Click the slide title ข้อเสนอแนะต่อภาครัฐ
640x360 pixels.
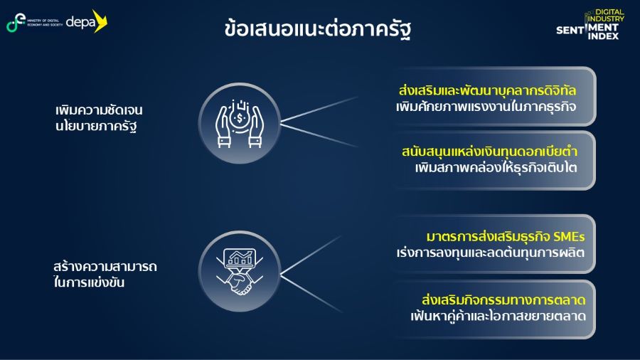pyautogui.click(x=318, y=29)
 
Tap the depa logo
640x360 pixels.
pyautogui.click(x=87, y=21)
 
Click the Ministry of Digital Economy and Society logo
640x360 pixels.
pyautogui.click(x=34, y=23)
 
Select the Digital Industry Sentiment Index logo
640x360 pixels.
pyautogui.click(x=590, y=24)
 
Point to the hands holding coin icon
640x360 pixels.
pyautogui.click(x=240, y=124)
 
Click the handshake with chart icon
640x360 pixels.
pyautogui.click(x=240, y=272)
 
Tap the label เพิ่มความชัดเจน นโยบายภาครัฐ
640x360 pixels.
pyautogui.click(x=99, y=118)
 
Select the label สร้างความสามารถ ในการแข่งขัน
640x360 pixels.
pyautogui.click(x=105, y=275)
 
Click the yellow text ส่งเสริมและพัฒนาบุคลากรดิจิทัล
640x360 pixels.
pyautogui.click(x=487, y=90)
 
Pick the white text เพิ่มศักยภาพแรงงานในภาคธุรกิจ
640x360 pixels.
pyautogui.click(x=486, y=107)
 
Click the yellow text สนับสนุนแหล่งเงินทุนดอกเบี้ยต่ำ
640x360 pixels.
pyautogui.click(x=489, y=152)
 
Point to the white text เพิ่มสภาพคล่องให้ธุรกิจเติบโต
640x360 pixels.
pyautogui.click(x=496, y=167)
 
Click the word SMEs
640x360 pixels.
pyautogui.click(x=569, y=237)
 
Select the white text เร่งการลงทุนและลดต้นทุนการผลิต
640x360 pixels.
pyautogui.click(x=491, y=253)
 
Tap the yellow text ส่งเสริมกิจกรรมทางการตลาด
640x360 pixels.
pyautogui.click(x=503, y=300)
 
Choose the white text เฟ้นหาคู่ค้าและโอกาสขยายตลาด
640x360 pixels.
pyautogui.click(x=498, y=316)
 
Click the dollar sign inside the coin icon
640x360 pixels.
pyautogui.click(x=240, y=118)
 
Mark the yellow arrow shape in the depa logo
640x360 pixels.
pyautogui.click(x=100, y=21)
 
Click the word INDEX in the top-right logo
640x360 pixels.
pyautogui.click(x=603, y=36)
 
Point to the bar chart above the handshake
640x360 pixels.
pyautogui.click(x=240, y=258)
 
